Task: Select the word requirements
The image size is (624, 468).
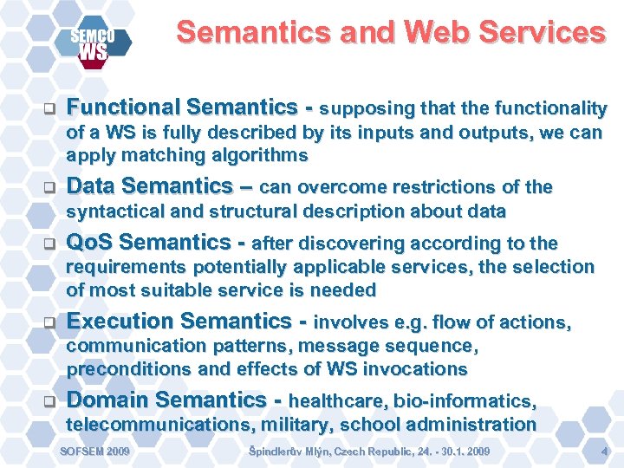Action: point(127,268)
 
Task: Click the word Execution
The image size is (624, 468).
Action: point(121,322)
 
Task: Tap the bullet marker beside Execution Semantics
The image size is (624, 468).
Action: point(49,324)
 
